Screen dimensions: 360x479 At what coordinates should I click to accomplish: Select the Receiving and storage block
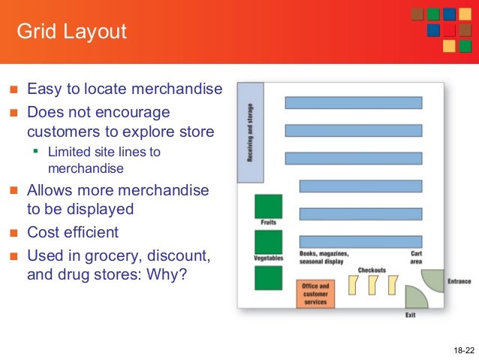pos(250,132)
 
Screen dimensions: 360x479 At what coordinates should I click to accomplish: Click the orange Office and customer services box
pos(315,294)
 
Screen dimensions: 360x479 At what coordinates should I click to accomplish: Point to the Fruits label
pos(269,222)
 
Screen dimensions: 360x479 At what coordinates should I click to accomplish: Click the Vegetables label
pos(268,259)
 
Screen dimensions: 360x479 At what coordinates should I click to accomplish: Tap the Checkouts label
pos(372,270)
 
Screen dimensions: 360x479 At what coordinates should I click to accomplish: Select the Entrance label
pos(459,282)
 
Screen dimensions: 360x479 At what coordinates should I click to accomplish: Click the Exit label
pos(411,315)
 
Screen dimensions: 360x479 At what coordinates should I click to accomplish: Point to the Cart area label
pos(416,258)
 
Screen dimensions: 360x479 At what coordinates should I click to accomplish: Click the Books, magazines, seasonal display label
pos(324,258)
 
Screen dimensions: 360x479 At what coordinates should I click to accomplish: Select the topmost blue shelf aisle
pos(353,102)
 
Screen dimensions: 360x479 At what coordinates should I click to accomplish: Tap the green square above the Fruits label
pos(269,206)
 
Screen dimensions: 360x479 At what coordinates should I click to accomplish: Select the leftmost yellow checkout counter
pos(354,286)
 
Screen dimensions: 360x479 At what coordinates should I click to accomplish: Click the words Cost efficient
pos(73,232)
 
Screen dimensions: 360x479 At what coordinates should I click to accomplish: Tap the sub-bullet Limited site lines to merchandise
pos(104,160)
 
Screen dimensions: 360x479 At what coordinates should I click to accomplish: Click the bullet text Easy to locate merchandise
pos(125,90)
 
